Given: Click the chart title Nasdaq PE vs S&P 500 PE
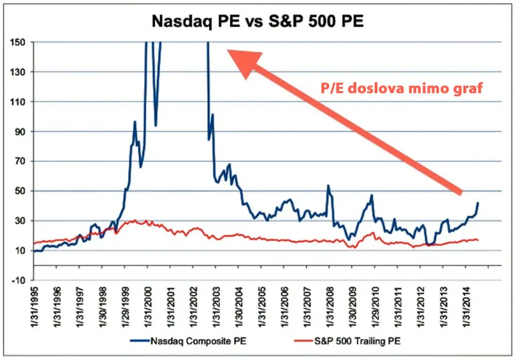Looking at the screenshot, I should click(x=257, y=20).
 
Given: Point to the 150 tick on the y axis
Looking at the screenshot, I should click(x=18, y=42).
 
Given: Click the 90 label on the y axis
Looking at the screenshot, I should click(x=20, y=131).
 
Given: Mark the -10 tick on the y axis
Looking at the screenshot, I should click(x=18, y=280).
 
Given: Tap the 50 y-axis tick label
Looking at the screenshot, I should click(x=20, y=191).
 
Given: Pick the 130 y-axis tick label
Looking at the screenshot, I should click(x=18, y=72).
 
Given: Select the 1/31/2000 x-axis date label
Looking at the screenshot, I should click(x=148, y=309).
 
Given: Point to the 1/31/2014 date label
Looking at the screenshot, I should click(x=467, y=309).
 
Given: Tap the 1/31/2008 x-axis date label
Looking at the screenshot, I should click(x=330, y=309).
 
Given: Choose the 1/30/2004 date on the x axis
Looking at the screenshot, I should click(x=239, y=309).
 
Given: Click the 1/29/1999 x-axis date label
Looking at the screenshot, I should click(x=126, y=309).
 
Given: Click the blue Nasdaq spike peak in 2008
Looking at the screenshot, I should click(x=328, y=186).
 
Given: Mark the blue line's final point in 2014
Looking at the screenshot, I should click(x=478, y=203).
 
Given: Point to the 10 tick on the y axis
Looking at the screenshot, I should click(x=20, y=250).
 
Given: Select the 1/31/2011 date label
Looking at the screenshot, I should click(x=399, y=309).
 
